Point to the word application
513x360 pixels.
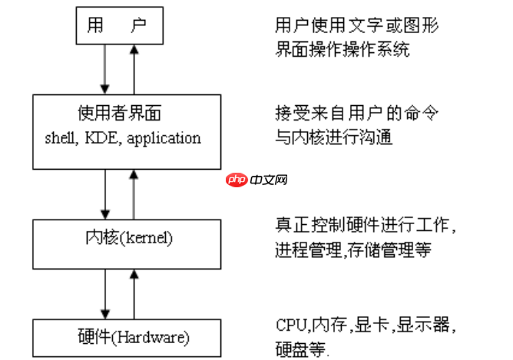(x=165, y=139)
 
